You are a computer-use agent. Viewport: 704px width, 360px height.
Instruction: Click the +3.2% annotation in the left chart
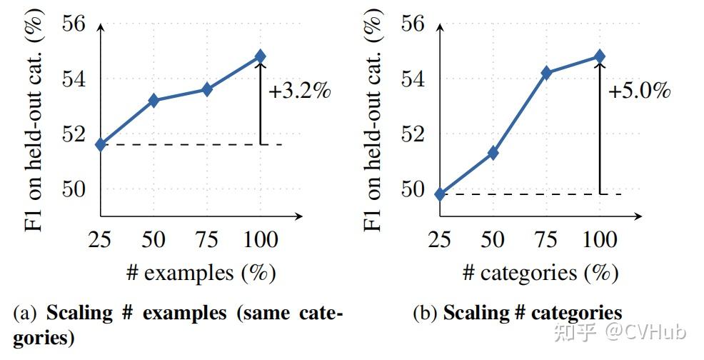point(300,92)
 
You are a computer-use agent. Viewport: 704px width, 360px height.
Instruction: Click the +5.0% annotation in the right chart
point(639,92)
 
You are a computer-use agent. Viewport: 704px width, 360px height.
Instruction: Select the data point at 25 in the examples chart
point(101,144)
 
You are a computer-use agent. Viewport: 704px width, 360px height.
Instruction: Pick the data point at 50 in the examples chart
point(154,101)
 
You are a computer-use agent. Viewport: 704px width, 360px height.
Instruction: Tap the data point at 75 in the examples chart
point(207,89)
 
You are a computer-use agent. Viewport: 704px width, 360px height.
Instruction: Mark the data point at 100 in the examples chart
point(260,56)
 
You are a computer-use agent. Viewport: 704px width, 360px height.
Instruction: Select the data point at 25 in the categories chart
point(440,194)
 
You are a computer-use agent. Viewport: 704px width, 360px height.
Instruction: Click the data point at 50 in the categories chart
point(493,153)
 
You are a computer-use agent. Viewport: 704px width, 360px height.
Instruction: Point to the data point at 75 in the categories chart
point(546,73)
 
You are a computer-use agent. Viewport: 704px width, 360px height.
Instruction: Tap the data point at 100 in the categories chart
point(600,56)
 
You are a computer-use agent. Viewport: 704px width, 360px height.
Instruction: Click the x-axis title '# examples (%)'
point(201,273)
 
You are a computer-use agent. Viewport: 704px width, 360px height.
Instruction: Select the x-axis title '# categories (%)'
point(540,273)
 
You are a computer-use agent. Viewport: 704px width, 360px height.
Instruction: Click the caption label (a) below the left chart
point(26,314)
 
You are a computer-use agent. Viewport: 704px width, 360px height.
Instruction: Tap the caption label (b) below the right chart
point(426,314)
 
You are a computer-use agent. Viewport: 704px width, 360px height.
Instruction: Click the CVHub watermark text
point(645,331)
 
